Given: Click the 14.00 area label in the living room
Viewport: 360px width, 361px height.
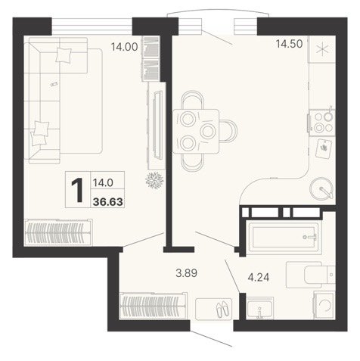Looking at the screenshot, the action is click(125, 47).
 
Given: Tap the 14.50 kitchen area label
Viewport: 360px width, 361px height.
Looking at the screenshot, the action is click(289, 44).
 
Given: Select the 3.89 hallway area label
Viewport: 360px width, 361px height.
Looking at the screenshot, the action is click(187, 273).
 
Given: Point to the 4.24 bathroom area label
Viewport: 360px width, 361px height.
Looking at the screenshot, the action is click(259, 277).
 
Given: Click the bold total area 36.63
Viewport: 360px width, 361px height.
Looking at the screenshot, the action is click(108, 202).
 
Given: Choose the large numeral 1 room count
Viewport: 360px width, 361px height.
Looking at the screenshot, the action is click(77, 189).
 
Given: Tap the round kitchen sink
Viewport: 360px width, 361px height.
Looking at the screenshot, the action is click(322, 188).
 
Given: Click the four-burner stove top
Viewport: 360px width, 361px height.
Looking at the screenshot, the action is click(322, 123).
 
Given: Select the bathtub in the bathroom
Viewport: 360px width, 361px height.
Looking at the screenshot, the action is click(283, 237).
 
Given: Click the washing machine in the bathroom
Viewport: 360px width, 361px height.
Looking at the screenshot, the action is click(324, 306).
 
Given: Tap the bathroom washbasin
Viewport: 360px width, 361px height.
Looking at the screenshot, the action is click(259, 308).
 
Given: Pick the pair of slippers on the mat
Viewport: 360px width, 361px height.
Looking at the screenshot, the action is click(222, 310).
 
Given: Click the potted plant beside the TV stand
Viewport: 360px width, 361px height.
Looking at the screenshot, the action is click(154, 180).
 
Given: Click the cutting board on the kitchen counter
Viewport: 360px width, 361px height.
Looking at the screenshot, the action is click(324, 148).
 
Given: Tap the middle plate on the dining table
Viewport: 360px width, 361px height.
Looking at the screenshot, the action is click(208, 131).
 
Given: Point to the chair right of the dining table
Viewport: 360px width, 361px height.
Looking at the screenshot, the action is click(228, 131).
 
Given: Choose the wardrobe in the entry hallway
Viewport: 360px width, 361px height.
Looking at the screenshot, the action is click(154, 306).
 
